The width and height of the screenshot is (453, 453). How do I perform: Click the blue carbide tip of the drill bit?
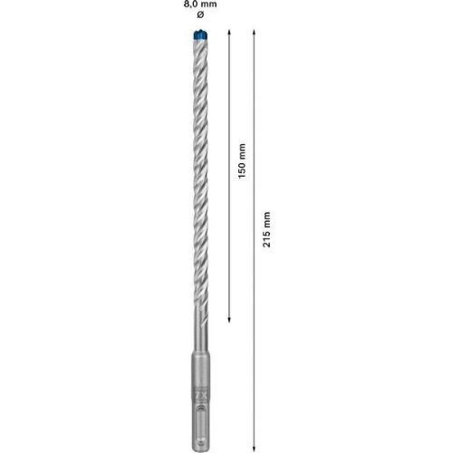click(200, 34)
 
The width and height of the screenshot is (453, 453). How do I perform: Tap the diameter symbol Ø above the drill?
click(200, 14)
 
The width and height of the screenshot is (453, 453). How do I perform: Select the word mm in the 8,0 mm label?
click(209, 5)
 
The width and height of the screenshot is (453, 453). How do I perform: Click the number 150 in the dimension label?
click(242, 170)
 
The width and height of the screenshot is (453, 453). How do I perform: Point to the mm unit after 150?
click(242, 151)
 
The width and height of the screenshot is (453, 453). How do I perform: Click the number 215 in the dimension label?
click(266, 238)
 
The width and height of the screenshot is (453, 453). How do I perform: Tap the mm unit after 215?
click(266, 219)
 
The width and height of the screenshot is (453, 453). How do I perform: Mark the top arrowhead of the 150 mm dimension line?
click(229, 32)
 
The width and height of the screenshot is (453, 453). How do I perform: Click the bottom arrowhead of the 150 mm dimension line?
click(229, 320)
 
